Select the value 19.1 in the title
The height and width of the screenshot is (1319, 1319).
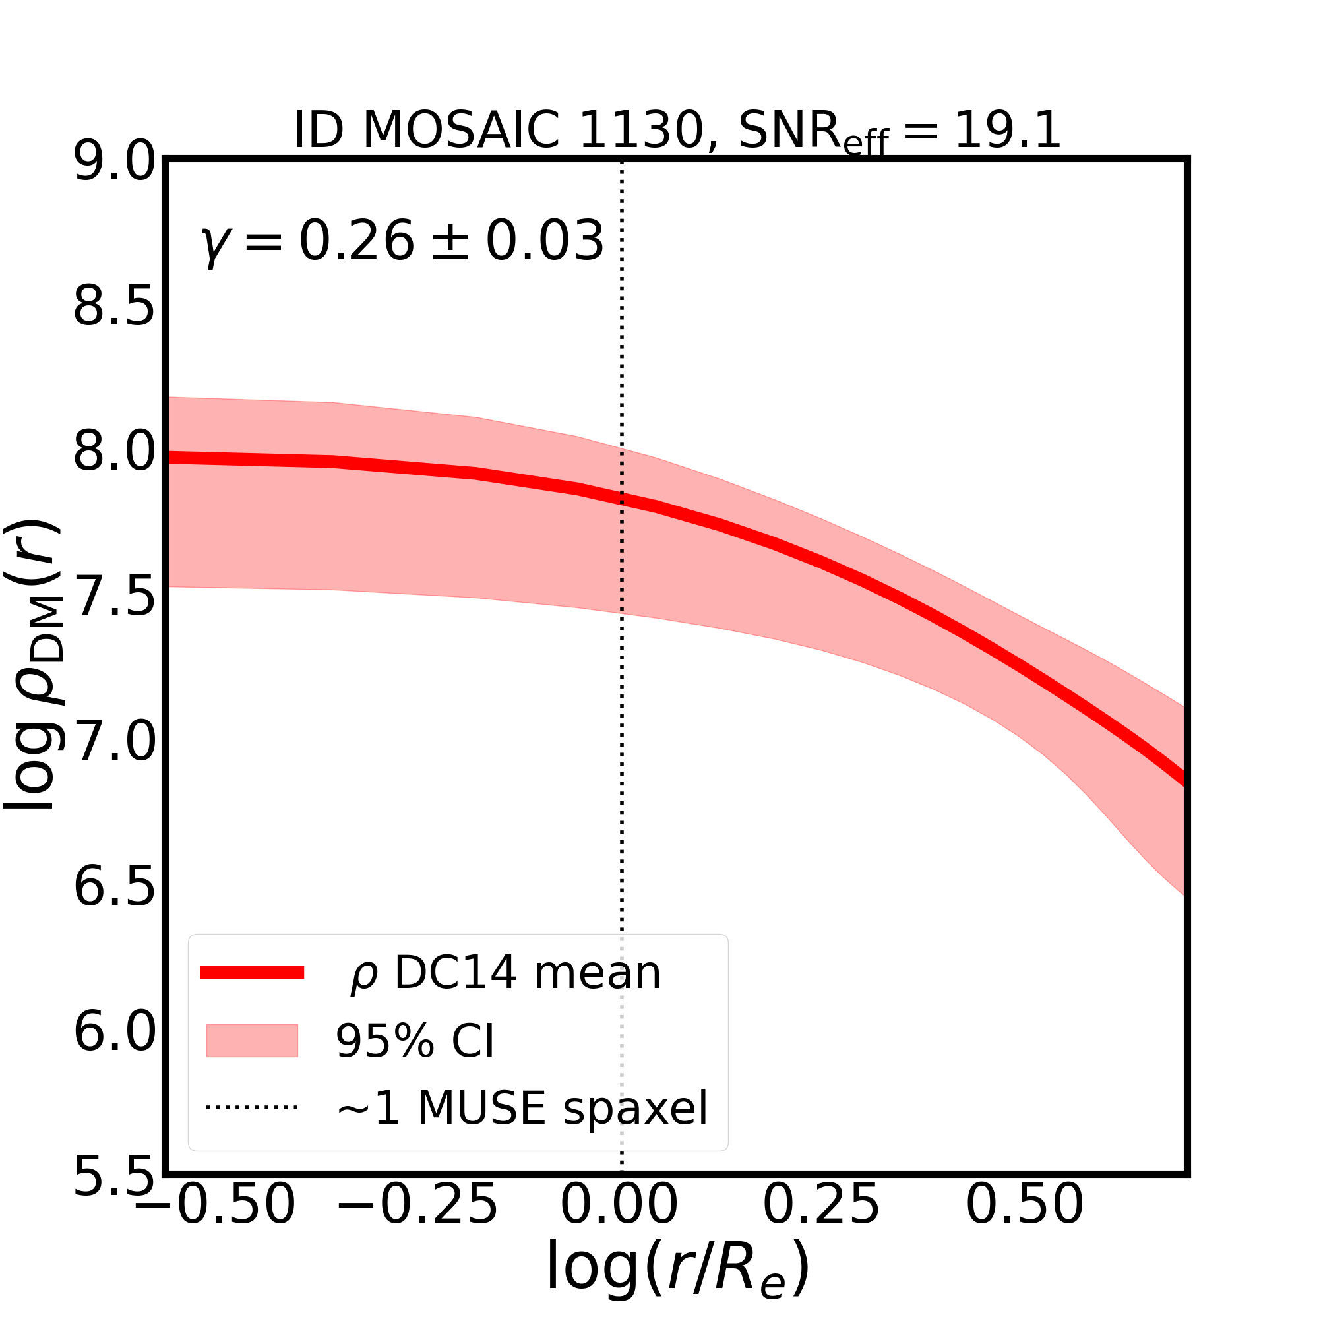[1007, 130]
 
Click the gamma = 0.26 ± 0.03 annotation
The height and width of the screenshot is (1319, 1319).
[403, 241]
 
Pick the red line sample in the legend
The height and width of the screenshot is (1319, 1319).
[252, 973]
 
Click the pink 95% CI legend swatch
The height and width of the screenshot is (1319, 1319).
[252, 1041]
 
